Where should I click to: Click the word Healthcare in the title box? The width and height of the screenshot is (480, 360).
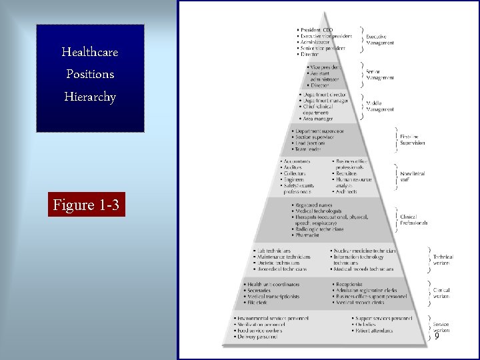point(89,51)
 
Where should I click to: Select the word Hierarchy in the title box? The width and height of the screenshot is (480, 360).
point(89,97)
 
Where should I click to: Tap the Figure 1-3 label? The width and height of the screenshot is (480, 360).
point(87,205)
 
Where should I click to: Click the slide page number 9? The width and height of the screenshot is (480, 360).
point(437,337)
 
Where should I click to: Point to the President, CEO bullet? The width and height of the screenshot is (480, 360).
point(316,30)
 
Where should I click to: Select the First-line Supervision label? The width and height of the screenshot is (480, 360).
point(413,141)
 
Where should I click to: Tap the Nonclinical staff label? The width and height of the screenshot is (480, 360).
point(413,177)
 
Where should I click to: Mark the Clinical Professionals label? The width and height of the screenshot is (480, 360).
point(413,220)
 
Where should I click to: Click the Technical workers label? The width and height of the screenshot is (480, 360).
point(443,260)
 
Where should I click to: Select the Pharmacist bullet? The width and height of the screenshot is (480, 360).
point(307,235)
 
